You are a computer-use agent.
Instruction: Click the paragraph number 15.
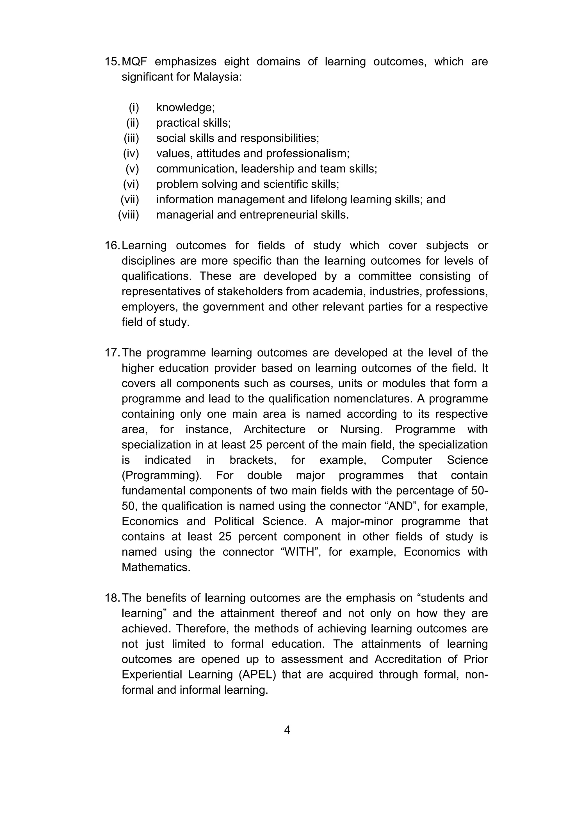(x=112, y=62)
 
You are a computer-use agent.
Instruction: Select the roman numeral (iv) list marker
(x=131, y=154)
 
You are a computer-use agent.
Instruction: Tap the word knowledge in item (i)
(x=185, y=108)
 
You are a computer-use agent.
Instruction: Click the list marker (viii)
(x=129, y=215)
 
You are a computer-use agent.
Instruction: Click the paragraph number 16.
(x=112, y=246)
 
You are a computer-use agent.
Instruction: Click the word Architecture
(x=274, y=429)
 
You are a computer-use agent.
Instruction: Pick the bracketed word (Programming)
(x=161, y=475)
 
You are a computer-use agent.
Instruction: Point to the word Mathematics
(x=156, y=567)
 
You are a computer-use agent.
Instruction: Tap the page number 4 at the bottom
(x=287, y=730)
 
